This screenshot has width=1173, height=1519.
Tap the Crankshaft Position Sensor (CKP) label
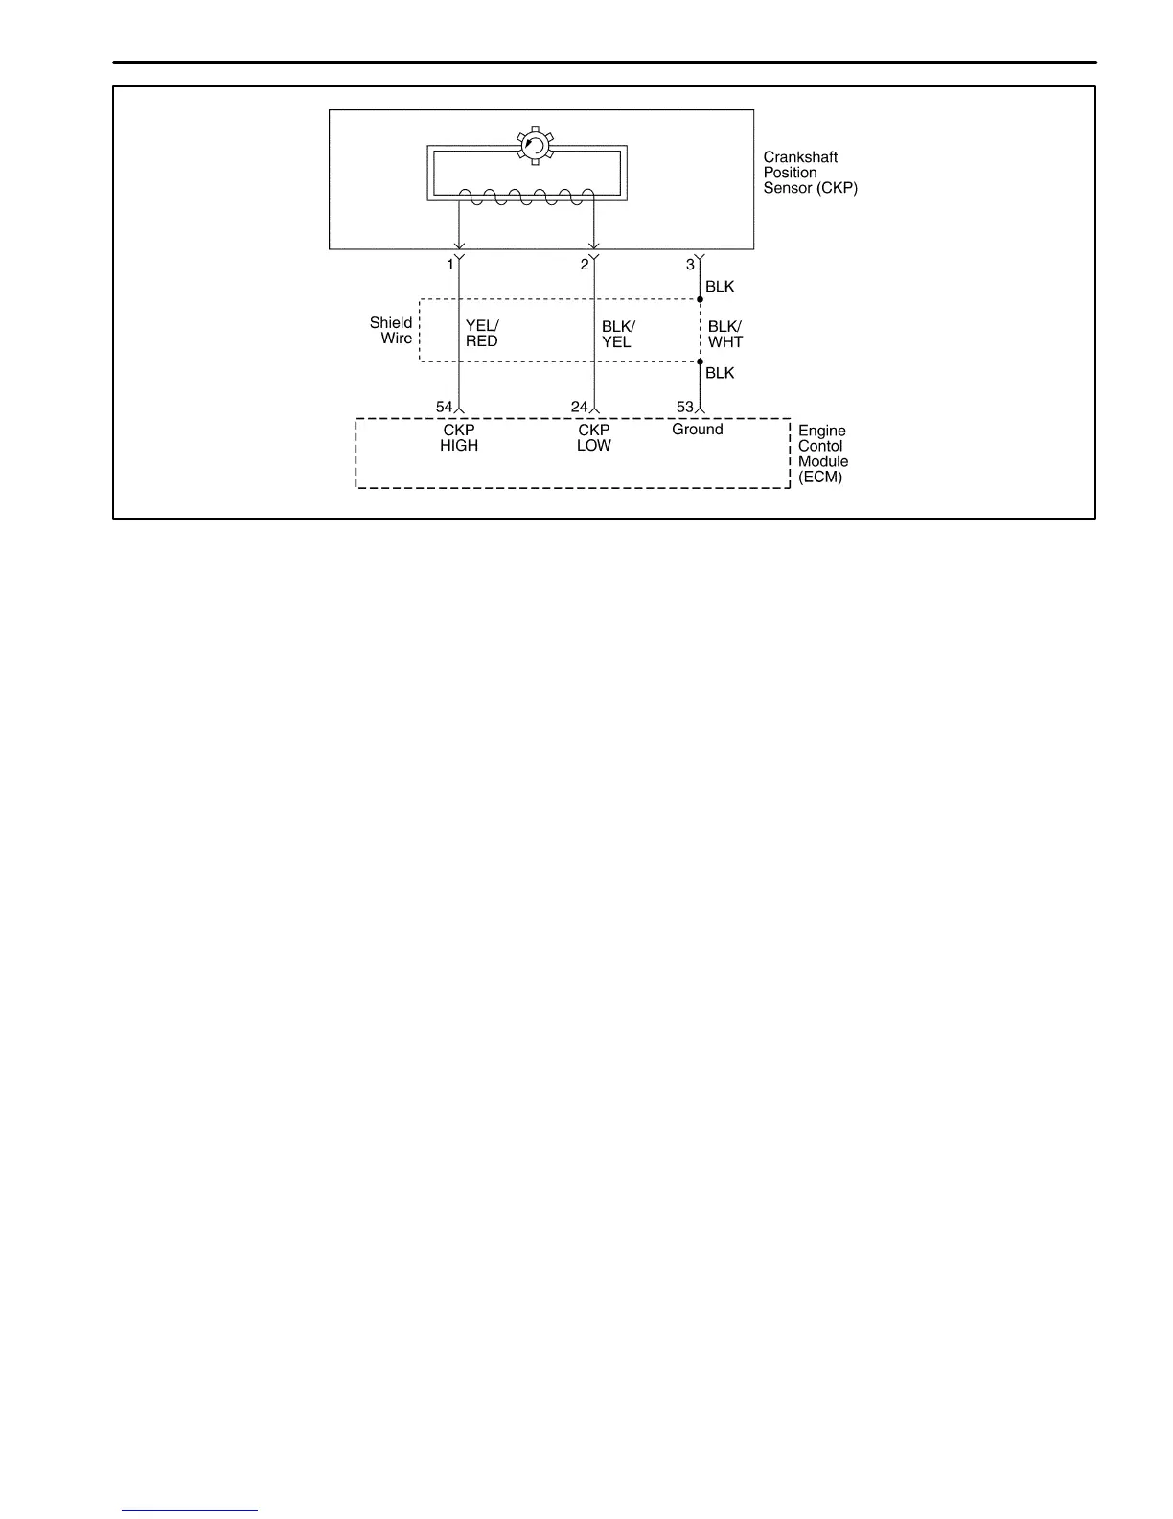click(810, 173)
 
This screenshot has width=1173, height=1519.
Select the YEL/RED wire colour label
click(482, 334)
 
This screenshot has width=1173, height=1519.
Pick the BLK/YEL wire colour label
click(618, 334)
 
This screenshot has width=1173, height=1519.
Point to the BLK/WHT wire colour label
click(725, 334)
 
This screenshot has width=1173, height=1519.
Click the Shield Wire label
click(392, 331)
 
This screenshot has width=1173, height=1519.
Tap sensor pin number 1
click(449, 265)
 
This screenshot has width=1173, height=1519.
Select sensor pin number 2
click(585, 265)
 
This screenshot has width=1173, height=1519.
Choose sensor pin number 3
click(690, 265)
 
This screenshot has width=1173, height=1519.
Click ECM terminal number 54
click(444, 407)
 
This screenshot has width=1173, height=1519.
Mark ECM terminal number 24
click(579, 407)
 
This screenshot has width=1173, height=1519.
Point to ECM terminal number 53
click(684, 407)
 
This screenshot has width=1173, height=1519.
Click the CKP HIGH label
click(459, 438)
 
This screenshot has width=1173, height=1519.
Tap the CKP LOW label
click(594, 438)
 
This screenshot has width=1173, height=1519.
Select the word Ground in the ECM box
click(697, 430)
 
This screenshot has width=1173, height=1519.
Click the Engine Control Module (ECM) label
click(823, 454)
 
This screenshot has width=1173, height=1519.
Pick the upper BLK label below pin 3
click(720, 287)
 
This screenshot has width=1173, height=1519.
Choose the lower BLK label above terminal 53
click(720, 373)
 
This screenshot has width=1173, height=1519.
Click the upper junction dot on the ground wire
click(701, 300)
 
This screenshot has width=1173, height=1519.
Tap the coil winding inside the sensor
click(527, 198)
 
